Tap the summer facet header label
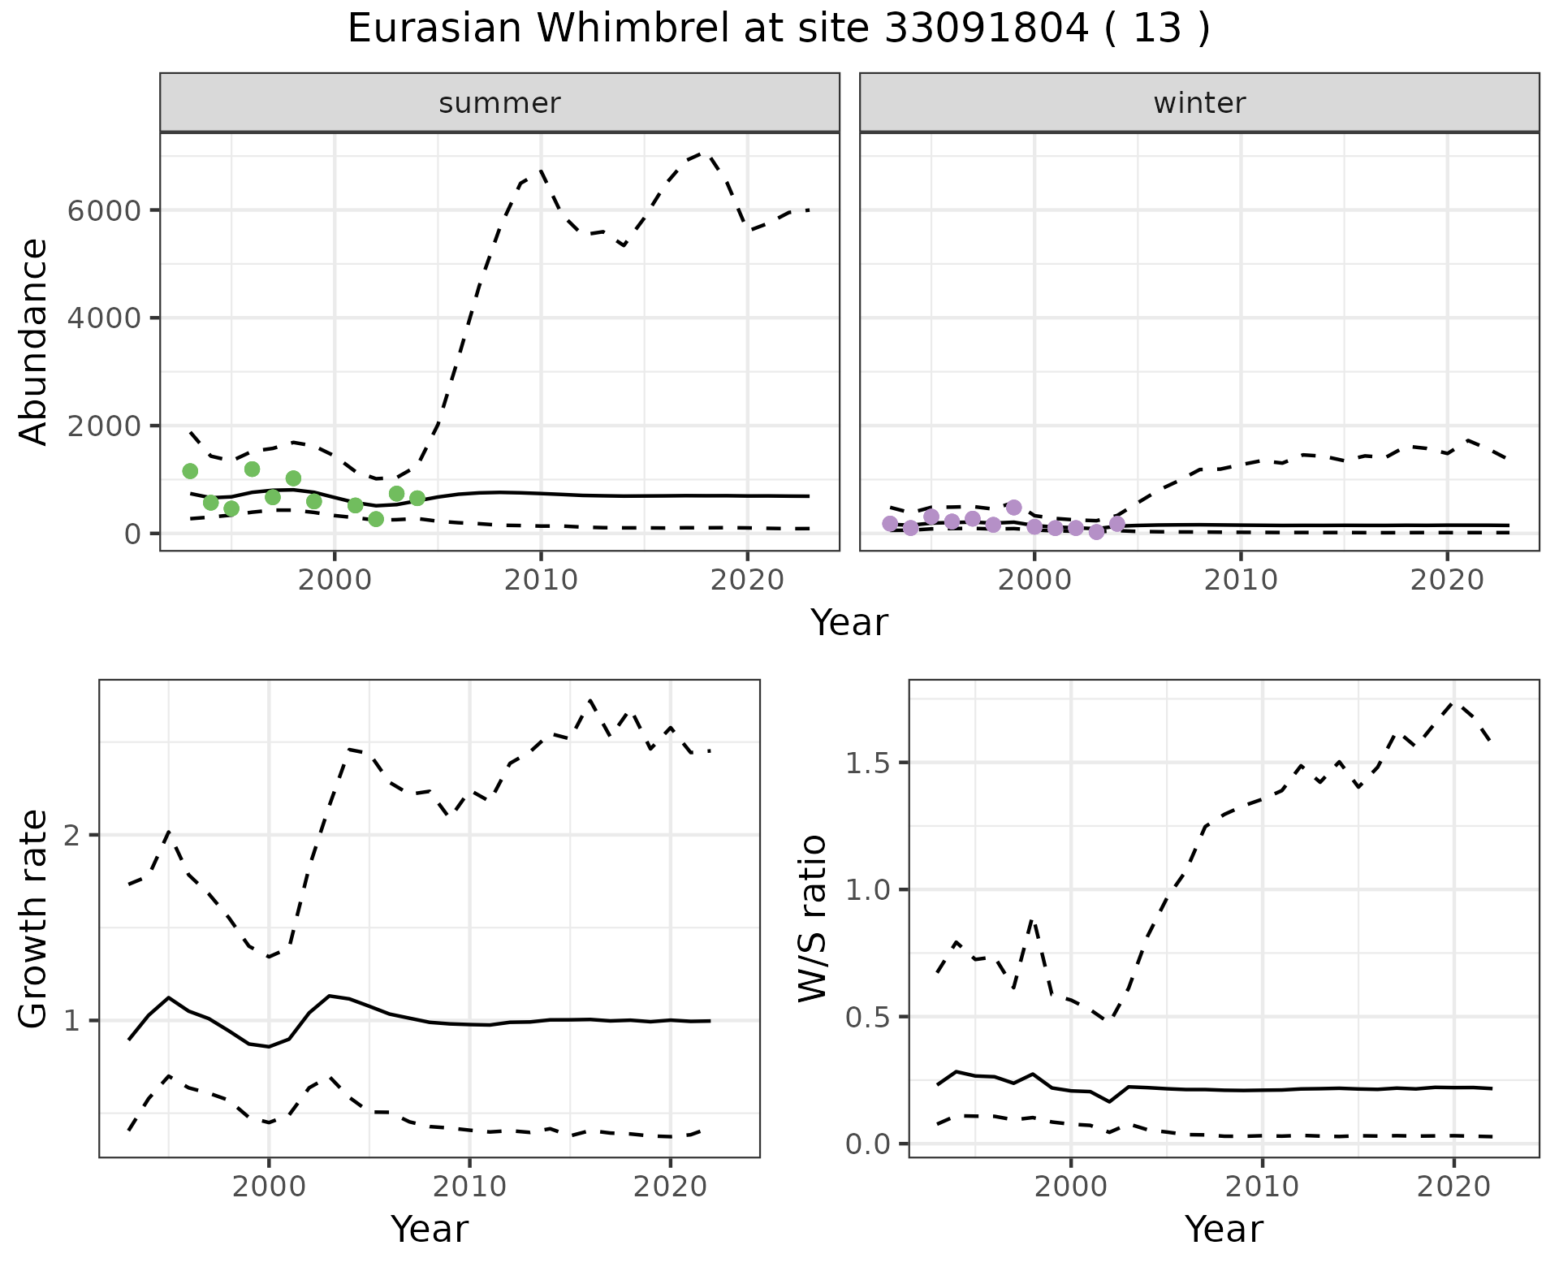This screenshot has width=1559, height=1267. coord(499,103)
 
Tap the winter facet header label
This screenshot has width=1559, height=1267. coord(1199,103)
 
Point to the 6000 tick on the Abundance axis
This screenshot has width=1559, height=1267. coord(104,211)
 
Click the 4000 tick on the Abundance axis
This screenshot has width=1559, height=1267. coord(104,318)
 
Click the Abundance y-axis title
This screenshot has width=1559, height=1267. coord(34,341)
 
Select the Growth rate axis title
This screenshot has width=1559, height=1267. coord(34,919)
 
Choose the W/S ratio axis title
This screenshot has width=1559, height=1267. coord(812,919)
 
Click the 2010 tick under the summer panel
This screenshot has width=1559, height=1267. coord(541,580)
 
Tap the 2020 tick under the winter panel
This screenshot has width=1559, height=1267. coord(1447,580)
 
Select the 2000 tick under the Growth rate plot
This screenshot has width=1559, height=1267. coord(269,1187)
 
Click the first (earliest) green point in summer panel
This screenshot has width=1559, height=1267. coord(190,471)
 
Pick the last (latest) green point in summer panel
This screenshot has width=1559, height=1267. coord(417,498)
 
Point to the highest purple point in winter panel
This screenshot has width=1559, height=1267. coord(1013,508)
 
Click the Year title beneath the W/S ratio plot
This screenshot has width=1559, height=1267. coord(1224,1230)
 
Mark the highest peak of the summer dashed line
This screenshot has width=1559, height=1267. coord(705,153)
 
